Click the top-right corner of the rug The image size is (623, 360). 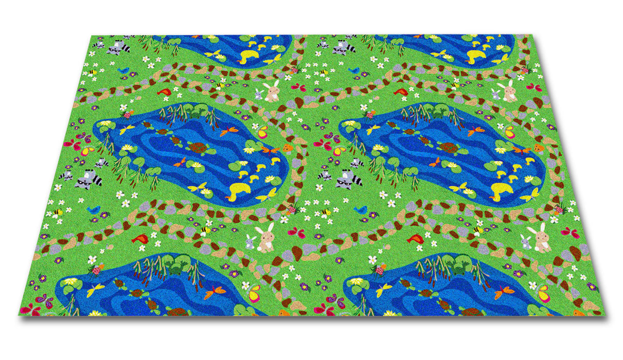click(x=531, y=35)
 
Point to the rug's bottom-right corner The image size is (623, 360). click(x=606, y=315)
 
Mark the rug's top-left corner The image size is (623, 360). click(x=92, y=35)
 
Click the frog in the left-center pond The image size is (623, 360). click(x=196, y=111)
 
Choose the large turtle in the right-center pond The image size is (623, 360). click(x=449, y=148)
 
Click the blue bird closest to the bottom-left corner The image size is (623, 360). click(x=94, y=209)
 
